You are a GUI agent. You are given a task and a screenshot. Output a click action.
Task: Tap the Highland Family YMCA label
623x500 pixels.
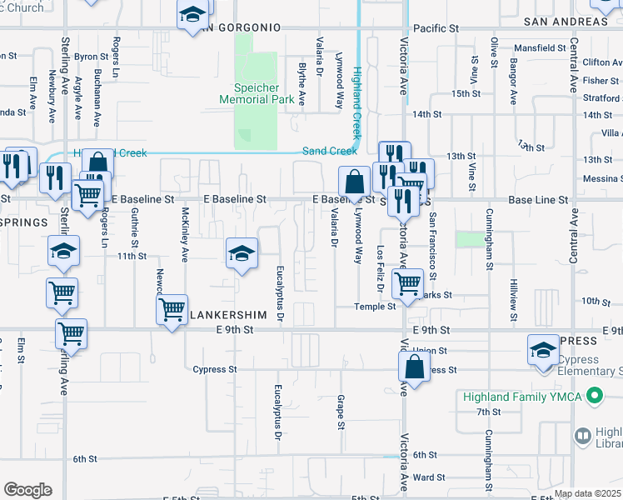(523, 397)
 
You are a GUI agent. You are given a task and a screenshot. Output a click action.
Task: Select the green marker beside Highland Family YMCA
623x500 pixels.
(595, 396)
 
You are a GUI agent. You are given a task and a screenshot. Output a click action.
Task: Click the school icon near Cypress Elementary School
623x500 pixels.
(543, 351)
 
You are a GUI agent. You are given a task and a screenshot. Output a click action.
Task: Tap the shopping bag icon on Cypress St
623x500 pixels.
(414, 367)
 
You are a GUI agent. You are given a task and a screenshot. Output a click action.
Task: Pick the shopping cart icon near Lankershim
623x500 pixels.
(172, 310)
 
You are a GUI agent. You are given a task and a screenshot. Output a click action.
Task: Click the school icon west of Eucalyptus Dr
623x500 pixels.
(242, 254)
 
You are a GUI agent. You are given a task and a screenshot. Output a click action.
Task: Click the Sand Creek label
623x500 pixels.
(329, 151)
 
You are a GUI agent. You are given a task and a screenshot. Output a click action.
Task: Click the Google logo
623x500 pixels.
(27, 489)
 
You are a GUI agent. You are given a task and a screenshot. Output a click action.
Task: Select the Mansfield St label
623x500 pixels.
(539, 48)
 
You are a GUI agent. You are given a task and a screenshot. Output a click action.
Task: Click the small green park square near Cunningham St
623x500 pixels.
(470, 240)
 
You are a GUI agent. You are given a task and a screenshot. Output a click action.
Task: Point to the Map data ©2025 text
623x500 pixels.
(586, 493)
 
